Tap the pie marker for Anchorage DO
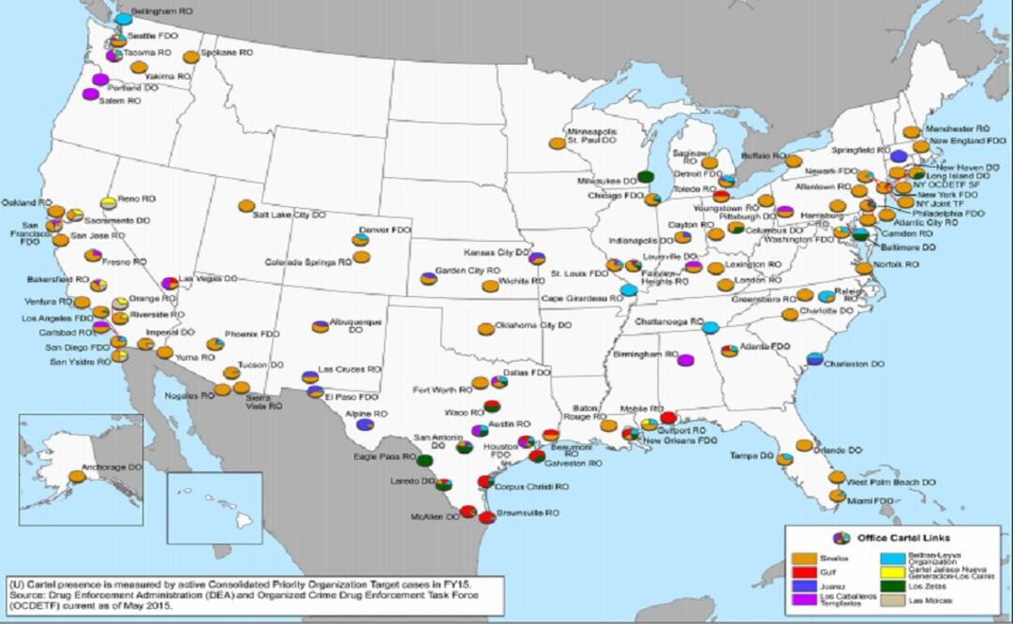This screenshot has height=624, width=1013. coord(77,476)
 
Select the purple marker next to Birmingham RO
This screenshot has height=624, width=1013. coord(685,361)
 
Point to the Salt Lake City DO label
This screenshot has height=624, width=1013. coord(290,215)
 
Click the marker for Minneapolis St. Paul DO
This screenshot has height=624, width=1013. coord(557,143)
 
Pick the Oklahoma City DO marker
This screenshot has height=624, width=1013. coord(485,329)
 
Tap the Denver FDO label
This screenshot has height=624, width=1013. coord(385,230)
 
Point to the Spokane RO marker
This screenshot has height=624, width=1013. coord(191,56)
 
